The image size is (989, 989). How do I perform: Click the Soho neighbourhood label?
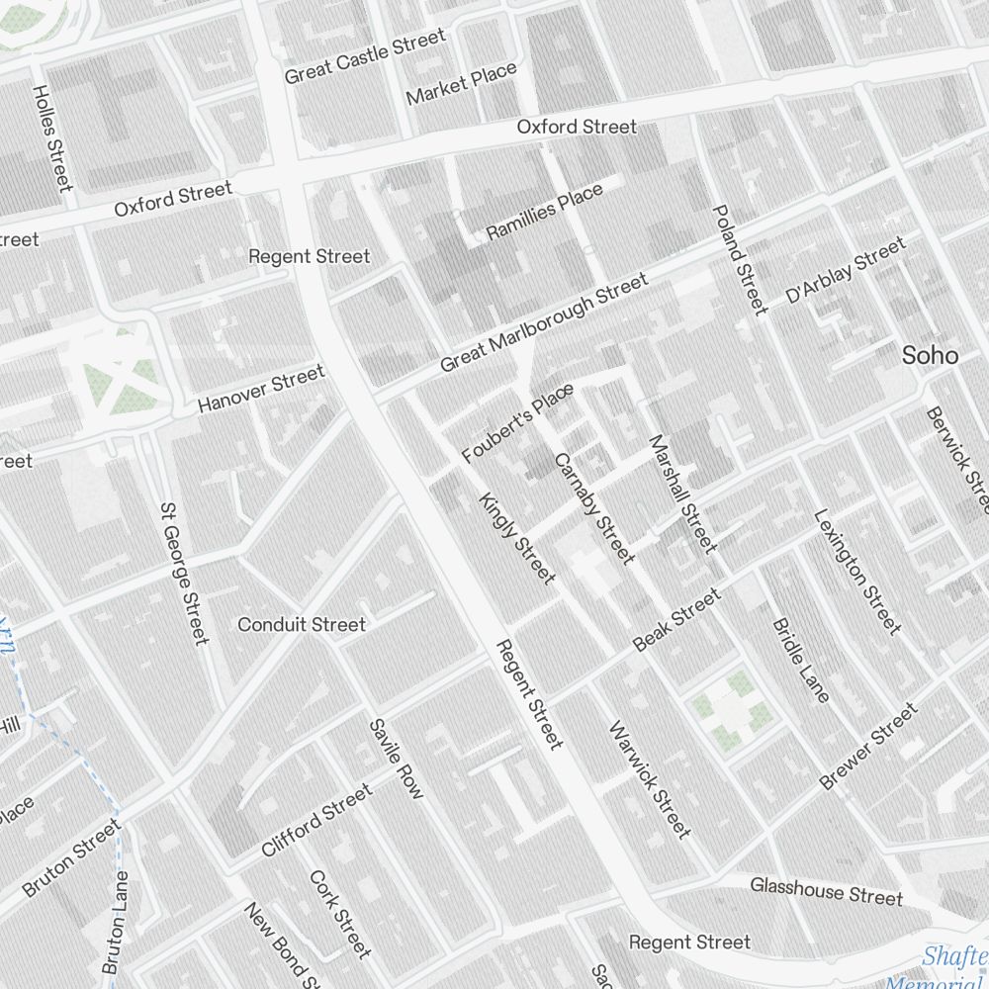point(930,356)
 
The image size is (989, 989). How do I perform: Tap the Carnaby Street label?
point(594,508)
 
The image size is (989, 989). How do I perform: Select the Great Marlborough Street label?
point(544,323)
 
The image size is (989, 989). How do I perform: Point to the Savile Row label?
point(396,759)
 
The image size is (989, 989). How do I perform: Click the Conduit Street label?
point(302,625)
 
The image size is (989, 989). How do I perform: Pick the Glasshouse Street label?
point(826,890)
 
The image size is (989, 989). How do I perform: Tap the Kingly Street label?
point(516,538)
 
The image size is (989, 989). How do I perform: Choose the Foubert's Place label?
point(517,424)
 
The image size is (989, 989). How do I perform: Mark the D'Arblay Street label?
point(846,270)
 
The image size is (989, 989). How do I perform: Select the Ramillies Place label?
point(545,212)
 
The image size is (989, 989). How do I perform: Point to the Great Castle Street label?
point(365,56)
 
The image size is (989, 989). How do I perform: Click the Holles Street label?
point(52,137)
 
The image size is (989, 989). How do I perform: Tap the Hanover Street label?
point(261,389)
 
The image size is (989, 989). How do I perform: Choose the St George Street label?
point(184,573)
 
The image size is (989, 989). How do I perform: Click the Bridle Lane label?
point(800,660)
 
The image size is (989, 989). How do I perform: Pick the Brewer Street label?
point(869,747)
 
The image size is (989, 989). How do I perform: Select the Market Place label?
point(462,84)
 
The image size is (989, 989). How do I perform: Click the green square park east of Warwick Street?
point(731,708)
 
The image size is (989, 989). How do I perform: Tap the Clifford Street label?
point(317,821)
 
